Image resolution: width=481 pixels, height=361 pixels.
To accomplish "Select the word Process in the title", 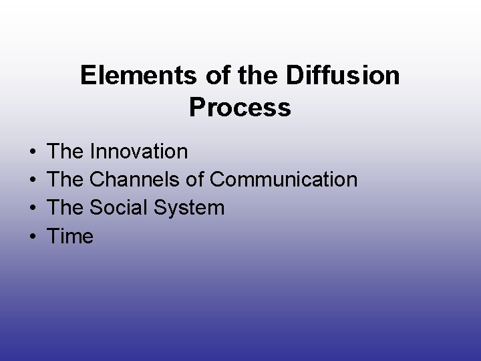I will pyautogui.click(x=240, y=107).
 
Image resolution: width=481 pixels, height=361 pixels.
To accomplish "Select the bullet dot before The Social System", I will pyautogui.click(x=33, y=209).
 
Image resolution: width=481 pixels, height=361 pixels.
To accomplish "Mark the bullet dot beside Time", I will pyautogui.click(x=33, y=237).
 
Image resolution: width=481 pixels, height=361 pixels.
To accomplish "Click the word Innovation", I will pyautogui.click(x=138, y=152).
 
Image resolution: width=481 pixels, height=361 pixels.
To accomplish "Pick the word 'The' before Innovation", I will pyautogui.click(x=66, y=152).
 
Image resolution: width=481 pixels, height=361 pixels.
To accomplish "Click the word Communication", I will pyautogui.click(x=284, y=180).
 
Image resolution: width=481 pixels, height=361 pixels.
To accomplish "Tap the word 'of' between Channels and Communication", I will pyautogui.click(x=198, y=180).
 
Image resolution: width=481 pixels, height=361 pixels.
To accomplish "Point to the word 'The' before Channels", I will pyautogui.click(x=66, y=180).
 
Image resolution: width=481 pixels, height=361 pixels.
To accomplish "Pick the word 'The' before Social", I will pyautogui.click(x=66, y=208).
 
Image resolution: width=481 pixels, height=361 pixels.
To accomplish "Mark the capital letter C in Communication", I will pyautogui.click(x=218, y=180).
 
